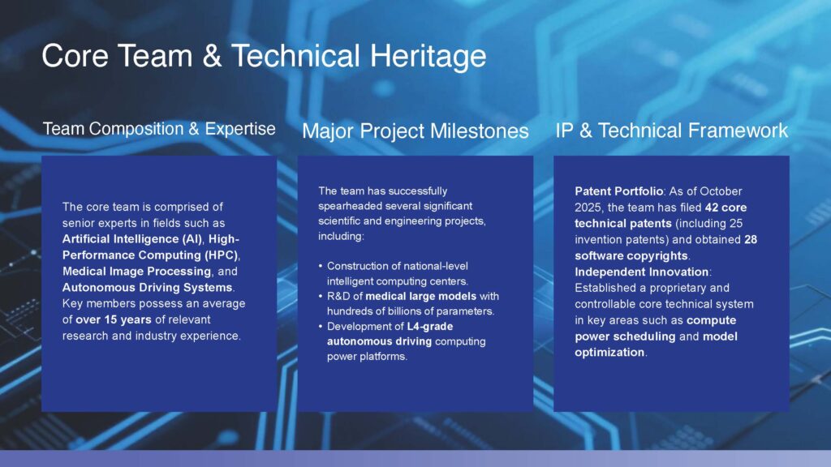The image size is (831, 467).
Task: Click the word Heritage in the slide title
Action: pos(428,57)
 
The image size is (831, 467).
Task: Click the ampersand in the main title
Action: pos(212,56)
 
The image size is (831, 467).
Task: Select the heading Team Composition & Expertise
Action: pos(159,129)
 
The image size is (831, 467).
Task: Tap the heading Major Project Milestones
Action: pos(415,131)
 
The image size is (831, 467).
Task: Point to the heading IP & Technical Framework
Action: pos(671,131)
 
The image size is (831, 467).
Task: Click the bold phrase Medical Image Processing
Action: pos(136,271)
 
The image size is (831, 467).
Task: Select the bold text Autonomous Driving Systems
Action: pos(148,288)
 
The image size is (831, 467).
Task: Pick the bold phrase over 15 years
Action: pos(114,319)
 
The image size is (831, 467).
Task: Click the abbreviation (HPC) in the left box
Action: pos(222,255)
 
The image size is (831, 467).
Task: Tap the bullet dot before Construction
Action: pos(321,266)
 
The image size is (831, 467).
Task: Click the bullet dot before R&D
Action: pos(321,297)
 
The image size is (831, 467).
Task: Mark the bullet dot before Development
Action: pos(321,327)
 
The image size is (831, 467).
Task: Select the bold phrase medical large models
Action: pos(421,297)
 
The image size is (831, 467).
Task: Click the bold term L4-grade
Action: pos(430,327)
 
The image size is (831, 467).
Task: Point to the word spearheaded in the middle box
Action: pos(350,206)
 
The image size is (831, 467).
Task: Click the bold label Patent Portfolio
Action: pos(619,191)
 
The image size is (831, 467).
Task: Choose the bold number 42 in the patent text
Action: pos(712,208)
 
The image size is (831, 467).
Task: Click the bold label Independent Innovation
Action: pos(642,272)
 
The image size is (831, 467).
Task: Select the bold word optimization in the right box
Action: pos(609,353)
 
